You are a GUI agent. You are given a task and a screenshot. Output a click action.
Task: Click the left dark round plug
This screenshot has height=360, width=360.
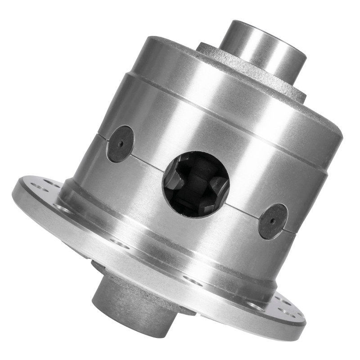pyautogui.click(x=120, y=144)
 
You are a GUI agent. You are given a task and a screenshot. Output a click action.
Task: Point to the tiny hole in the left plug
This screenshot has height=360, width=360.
pyautogui.click(x=121, y=144)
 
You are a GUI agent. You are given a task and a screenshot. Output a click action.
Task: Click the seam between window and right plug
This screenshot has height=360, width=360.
pyautogui.click(x=243, y=209)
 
